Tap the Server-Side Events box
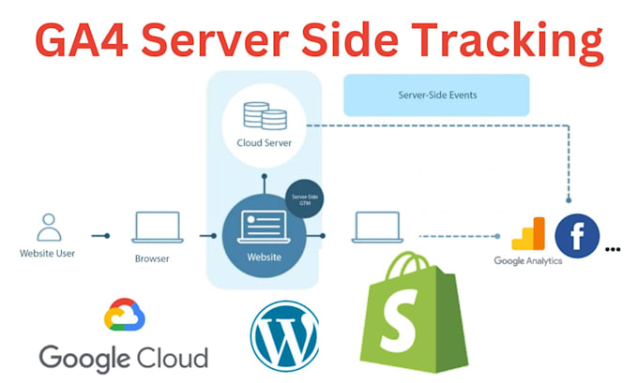pyautogui.click(x=436, y=95)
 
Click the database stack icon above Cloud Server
pyautogui.click(x=265, y=116)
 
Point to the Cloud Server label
pyautogui.click(x=265, y=143)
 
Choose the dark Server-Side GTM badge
pyautogui.click(x=302, y=200)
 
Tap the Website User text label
pyautogui.click(x=47, y=253)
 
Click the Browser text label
pyautogui.click(x=152, y=258)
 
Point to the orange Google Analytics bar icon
pyautogui.click(x=528, y=234)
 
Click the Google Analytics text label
pyautogui.click(x=528, y=260)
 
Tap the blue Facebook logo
pyautogui.click(x=577, y=237)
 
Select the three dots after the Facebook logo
pyautogui.click(x=614, y=250)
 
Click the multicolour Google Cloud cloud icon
pyautogui.click(x=125, y=316)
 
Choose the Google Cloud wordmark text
pyautogui.click(x=123, y=356)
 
